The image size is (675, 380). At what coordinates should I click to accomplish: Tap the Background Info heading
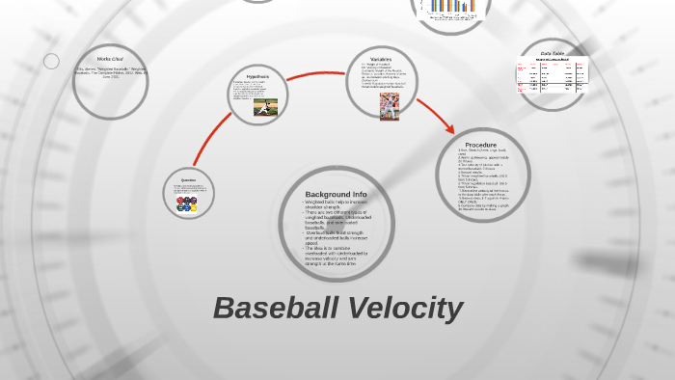click(x=336, y=194)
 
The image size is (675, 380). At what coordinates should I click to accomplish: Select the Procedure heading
click(x=480, y=145)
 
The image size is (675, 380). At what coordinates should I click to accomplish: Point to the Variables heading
click(x=381, y=59)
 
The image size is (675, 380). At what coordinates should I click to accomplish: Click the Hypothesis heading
click(x=257, y=76)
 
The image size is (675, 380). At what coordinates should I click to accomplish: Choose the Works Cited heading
click(x=110, y=59)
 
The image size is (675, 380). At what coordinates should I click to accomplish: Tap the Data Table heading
click(x=553, y=53)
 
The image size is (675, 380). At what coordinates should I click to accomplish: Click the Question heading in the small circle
click(x=188, y=179)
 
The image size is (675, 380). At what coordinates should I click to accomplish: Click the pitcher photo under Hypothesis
click(x=265, y=107)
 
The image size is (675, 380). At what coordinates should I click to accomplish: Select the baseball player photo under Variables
click(x=390, y=106)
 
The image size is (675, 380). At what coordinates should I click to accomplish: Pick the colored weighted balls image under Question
click(x=187, y=204)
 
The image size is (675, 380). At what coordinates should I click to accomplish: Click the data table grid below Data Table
click(x=552, y=76)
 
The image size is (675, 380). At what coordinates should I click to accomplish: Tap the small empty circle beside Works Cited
click(x=51, y=61)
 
